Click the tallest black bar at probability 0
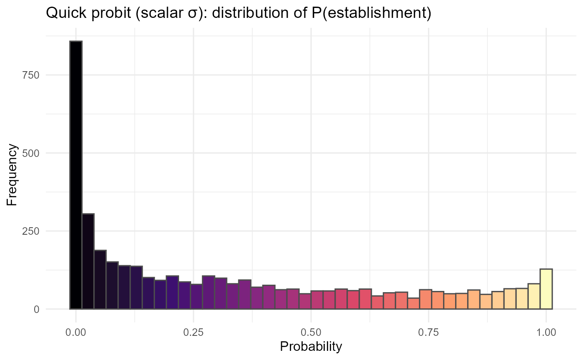click(x=76, y=175)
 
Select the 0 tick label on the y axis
click(x=37, y=309)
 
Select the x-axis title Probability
click(x=311, y=346)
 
